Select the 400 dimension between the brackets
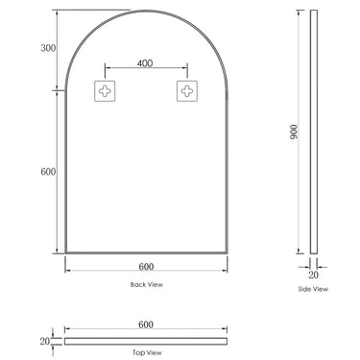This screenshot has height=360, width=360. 144,63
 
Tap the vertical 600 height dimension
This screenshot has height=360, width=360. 48,172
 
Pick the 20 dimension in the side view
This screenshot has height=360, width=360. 312,272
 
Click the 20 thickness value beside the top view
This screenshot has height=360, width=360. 43,340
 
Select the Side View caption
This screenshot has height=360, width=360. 312,288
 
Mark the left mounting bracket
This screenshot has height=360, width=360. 103,92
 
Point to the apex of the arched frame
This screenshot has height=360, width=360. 144,12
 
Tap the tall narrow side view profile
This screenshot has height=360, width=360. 312,134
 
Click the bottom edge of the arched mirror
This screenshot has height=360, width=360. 144,252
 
